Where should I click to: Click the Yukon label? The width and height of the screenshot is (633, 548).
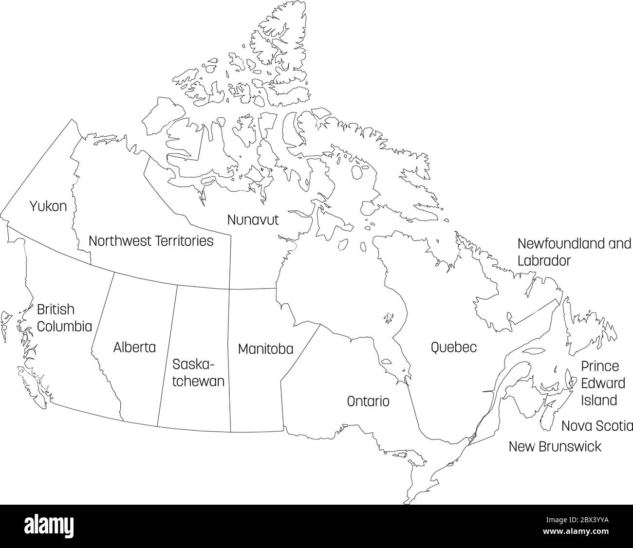(48, 206)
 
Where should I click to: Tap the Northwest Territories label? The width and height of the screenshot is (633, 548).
(151, 241)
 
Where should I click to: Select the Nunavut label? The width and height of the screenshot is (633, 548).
(253, 220)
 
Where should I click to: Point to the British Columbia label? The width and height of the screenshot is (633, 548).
(64, 317)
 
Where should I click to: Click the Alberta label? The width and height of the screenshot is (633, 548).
(134, 347)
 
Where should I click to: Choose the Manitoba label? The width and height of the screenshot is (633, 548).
(265, 349)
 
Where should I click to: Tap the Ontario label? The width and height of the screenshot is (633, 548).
(368, 402)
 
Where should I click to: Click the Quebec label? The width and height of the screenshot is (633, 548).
(453, 347)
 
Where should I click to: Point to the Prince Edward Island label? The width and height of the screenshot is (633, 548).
(602, 383)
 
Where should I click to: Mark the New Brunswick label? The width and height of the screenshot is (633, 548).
(555, 446)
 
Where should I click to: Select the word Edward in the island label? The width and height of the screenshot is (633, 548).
(603, 383)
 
